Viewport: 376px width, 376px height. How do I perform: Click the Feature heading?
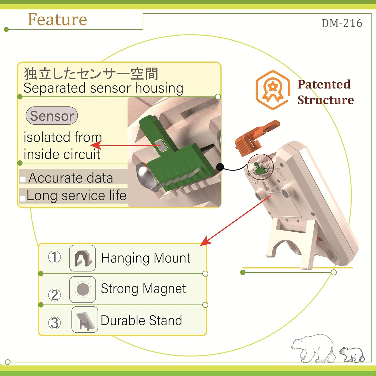(57, 19)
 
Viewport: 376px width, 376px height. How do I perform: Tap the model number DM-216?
(342, 23)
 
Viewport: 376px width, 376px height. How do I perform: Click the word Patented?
(324, 84)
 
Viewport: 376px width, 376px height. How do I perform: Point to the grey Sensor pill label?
(52, 116)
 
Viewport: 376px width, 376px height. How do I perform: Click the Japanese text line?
(91, 74)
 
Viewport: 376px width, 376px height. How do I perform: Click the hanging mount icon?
(82, 258)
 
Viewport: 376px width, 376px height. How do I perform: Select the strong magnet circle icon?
(82, 290)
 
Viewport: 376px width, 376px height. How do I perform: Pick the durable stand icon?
(85, 320)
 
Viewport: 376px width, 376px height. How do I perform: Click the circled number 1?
(54, 257)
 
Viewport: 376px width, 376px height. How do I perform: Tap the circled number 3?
(54, 323)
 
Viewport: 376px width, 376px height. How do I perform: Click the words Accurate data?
(71, 178)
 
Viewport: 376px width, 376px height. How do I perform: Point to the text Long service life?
(76, 196)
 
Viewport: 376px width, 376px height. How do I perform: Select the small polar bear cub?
(352, 354)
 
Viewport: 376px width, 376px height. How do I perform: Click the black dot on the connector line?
(220, 167)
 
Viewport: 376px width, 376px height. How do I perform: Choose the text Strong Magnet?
(143, 289)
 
